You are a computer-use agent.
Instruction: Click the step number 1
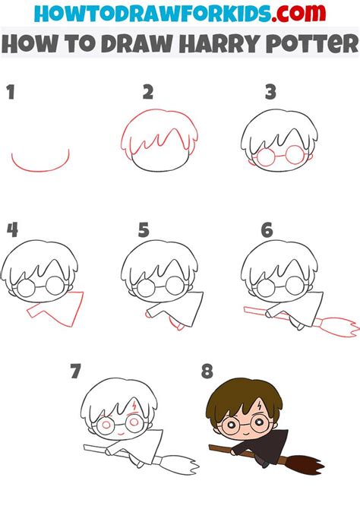pyautogui.click(x=11, y=93)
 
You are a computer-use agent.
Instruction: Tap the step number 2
pyautogui.click(x=148, y=93)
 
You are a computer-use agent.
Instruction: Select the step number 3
pyautogui.click(x=270, y=93)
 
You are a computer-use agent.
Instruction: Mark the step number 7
pyautogui.click(x=75, y=371)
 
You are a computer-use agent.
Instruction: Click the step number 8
pyautogui.click(x=207, y=371)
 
